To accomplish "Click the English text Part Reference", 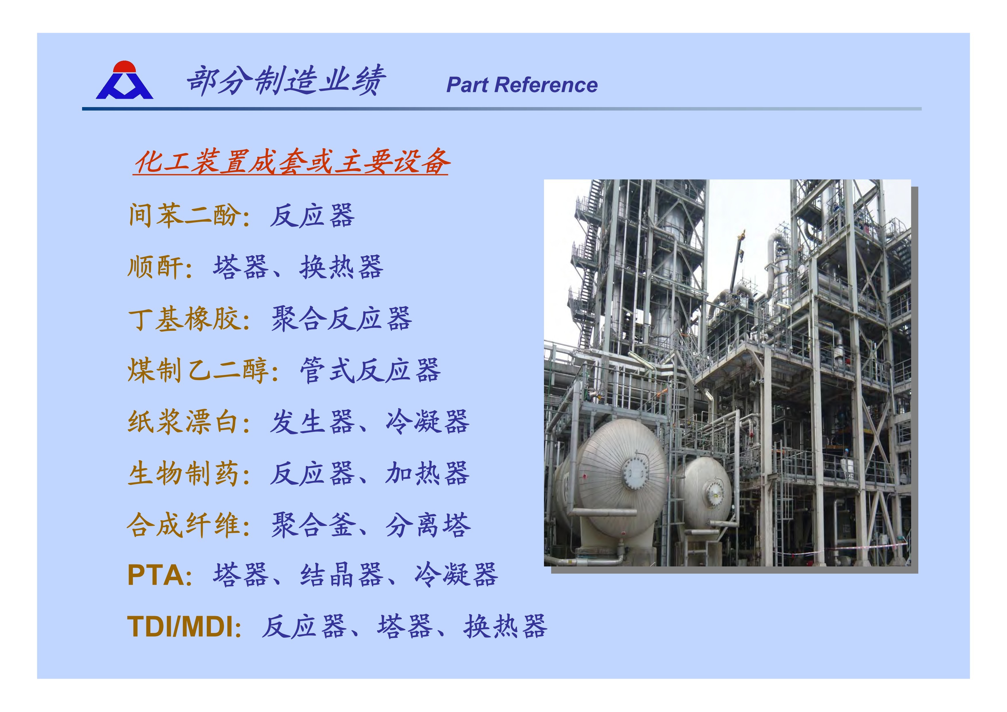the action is [522, 85].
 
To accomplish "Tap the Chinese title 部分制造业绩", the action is [286, 80].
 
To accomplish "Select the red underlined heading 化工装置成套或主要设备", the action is [292, 162].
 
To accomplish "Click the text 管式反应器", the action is [370, 370].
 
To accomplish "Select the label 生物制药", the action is [185, 473].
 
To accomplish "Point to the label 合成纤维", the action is [185, 525].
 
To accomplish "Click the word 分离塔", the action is [428, 525].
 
